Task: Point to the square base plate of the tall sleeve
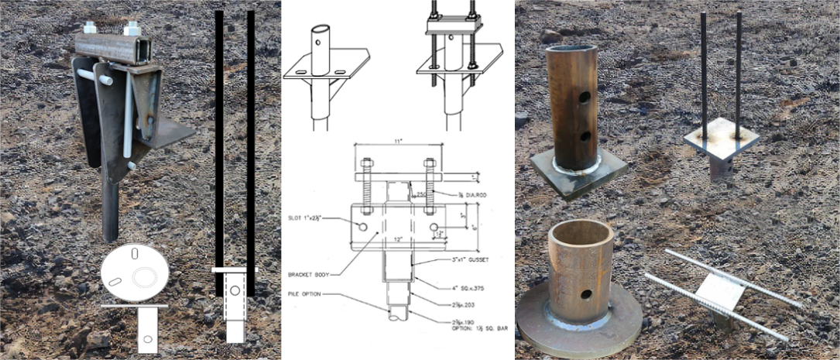(x=579, y=173)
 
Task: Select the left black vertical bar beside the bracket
(x=219, y=139)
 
